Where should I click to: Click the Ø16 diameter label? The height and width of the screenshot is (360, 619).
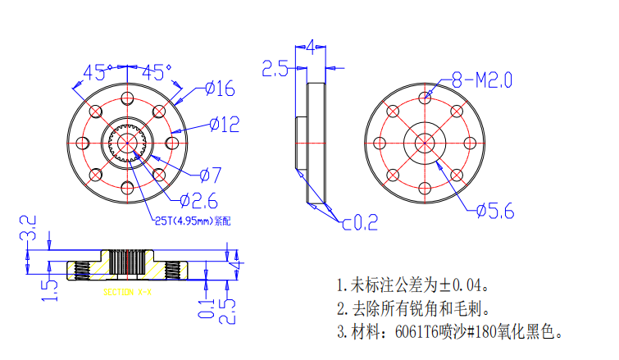point(220,88)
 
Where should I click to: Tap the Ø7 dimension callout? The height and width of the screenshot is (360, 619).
point(211,174)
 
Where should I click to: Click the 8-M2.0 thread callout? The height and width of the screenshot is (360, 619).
point(483,80)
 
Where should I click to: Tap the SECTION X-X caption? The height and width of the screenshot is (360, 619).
point(127,291)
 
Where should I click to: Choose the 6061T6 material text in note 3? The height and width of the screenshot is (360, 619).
point(414,333)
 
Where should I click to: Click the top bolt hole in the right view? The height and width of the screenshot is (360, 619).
point(426,98)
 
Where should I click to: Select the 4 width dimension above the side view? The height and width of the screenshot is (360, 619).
point(310,46)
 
